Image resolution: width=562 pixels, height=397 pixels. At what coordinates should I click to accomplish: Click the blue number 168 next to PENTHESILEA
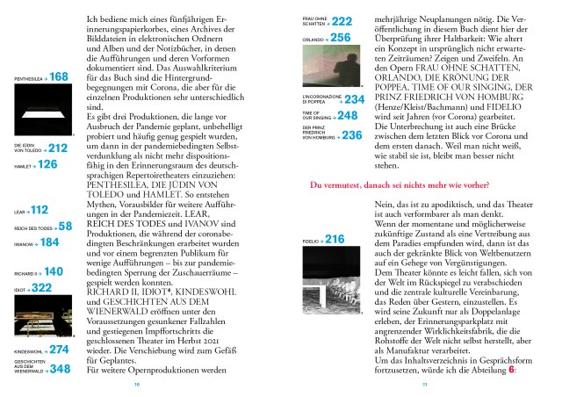pos(60,78)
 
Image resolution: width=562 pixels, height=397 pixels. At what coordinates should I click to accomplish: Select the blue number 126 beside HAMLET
pos(48,164)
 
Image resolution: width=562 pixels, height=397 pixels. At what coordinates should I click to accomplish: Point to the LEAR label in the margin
pos(19,212)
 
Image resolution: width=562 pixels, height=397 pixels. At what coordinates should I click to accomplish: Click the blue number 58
pos(65,227)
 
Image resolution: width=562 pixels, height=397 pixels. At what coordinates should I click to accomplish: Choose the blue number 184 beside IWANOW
pos(50,242)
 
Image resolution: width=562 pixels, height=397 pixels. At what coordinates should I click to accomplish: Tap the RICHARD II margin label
pos(25,274)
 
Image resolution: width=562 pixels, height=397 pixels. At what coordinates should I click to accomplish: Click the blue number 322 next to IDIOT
pos(42,287)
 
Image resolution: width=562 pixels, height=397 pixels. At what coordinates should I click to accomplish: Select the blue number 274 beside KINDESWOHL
pos(59,350)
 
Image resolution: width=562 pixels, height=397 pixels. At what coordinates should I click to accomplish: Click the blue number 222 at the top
pos(342,21)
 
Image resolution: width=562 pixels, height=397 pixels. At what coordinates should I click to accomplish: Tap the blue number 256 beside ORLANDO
pos(342,38)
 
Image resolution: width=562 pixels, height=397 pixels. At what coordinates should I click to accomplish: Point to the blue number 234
pos(355,100)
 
